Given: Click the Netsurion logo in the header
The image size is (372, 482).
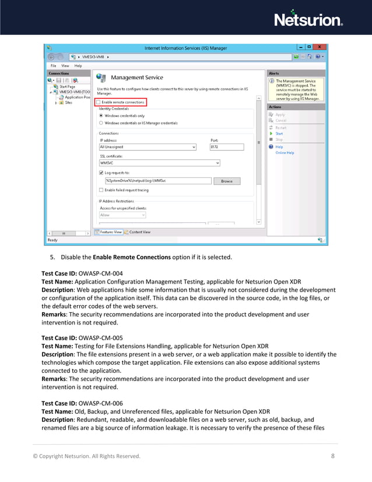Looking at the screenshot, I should [308, 19].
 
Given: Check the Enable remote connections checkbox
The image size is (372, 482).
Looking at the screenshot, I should [100, 102].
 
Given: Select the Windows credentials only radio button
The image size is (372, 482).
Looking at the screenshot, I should [101, 116].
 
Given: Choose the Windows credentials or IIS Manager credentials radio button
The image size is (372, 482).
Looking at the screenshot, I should [101, 123].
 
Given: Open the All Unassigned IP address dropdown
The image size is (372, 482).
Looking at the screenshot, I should [148, 147].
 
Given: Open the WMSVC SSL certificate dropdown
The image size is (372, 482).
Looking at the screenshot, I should [159, 163].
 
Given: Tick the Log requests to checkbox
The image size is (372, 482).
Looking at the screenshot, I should [101, 173].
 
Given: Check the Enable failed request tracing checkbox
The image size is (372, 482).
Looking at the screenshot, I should [101, 190].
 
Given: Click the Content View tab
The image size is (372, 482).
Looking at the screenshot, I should [138, 232].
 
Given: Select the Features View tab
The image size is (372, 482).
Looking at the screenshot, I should [110, 232].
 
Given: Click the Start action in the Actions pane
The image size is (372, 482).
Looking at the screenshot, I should [279, 134].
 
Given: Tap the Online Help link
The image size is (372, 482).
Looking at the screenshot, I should [285, 153].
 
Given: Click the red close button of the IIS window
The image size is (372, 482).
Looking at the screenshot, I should [320, 48].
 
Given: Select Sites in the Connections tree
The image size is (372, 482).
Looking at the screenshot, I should [68, 103].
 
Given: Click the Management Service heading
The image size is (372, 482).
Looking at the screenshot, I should [136, 78].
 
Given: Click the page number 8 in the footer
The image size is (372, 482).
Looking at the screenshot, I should [332, 456].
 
